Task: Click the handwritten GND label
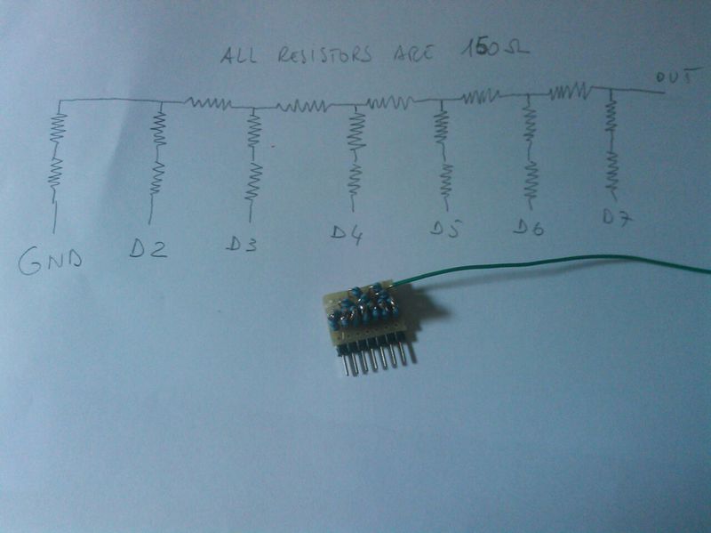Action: (x=51, y=262)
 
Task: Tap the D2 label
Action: (x=148, y=249)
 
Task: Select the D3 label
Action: (x=242, y=243)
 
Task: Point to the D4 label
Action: (x=347, y=234)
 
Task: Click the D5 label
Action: (x=445, y=229)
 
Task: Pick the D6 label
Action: (x=528, y=227)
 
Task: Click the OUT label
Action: (x=674, y=77)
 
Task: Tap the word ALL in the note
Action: (x=238, y=54)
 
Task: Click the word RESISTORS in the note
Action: (x=324, y=54)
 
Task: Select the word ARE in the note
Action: (x=412, y=52)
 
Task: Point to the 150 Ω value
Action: (x=494, y=49)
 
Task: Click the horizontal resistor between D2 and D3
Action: (x=208, y=102)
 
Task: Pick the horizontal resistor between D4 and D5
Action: (x=389, y=102)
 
